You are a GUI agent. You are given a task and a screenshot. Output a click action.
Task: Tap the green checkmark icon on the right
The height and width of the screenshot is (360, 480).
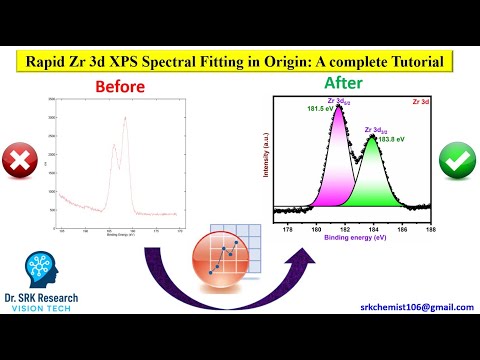point(456,159)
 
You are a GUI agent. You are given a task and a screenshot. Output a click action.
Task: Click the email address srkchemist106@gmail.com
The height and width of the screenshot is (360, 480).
point(417,308)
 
